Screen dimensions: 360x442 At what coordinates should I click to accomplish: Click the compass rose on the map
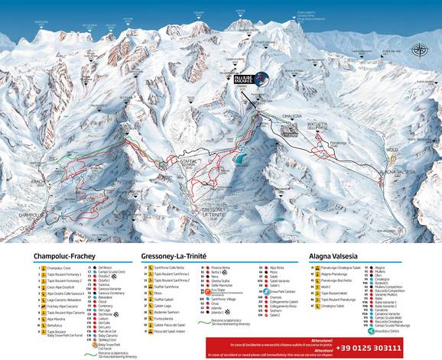(418, 50)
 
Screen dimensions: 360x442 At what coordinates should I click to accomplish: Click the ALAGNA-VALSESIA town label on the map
(396, 173)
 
